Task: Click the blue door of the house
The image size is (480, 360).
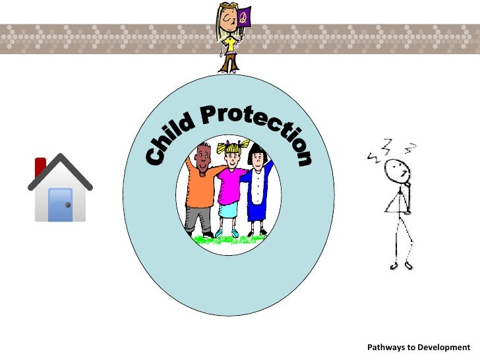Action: click(61, 204)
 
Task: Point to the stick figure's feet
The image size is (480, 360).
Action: click(401, 265)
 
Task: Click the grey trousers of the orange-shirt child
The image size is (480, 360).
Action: click(197, 218)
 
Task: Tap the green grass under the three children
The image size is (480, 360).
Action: click(227, 239)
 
